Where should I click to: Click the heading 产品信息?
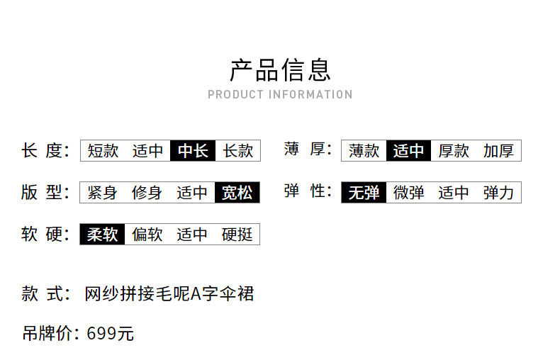pos(280,70)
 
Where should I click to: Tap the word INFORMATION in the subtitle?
pos(310,94)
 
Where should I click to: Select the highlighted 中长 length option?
pos(193,150)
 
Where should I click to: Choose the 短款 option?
pos(103,150)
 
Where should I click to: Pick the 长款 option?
pos(237,150)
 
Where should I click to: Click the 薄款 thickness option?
pos(364,150)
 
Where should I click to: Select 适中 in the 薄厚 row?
pos(409,150)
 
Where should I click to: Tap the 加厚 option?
pos(498,150)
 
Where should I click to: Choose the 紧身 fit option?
pos(103,192)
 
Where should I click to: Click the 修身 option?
pos(147,192)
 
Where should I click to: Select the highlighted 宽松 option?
pos(237,192)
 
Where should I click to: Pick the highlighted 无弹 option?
pos(364,192)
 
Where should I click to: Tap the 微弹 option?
pos(409,192)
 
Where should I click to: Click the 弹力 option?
pos(498,192)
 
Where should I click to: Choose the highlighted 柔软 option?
pos(103,235)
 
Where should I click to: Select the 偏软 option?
pos(147,235)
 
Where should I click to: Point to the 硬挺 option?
pos(237,235)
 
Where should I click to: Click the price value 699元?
pos(110,333)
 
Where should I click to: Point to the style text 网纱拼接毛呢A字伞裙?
pos(169,293)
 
